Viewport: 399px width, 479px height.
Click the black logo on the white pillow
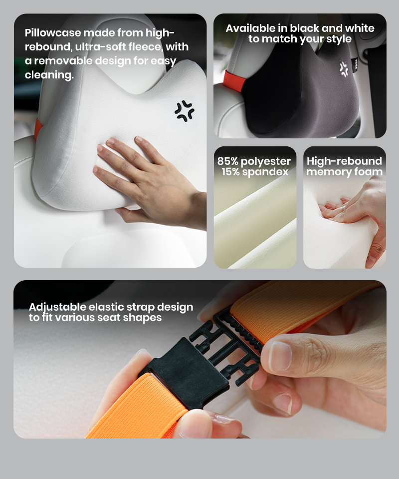[x=185, y=110]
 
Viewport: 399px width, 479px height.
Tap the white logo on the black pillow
[x=344, y=69]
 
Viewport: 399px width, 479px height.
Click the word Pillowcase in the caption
[x=53, y=32]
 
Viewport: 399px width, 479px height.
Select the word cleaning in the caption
[x=49, y=74]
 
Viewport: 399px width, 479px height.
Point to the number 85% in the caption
[x=228, y=161]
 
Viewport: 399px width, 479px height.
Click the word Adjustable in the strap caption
[x=57, y=307]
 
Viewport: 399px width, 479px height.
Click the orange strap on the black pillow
[x=234, y=81]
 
